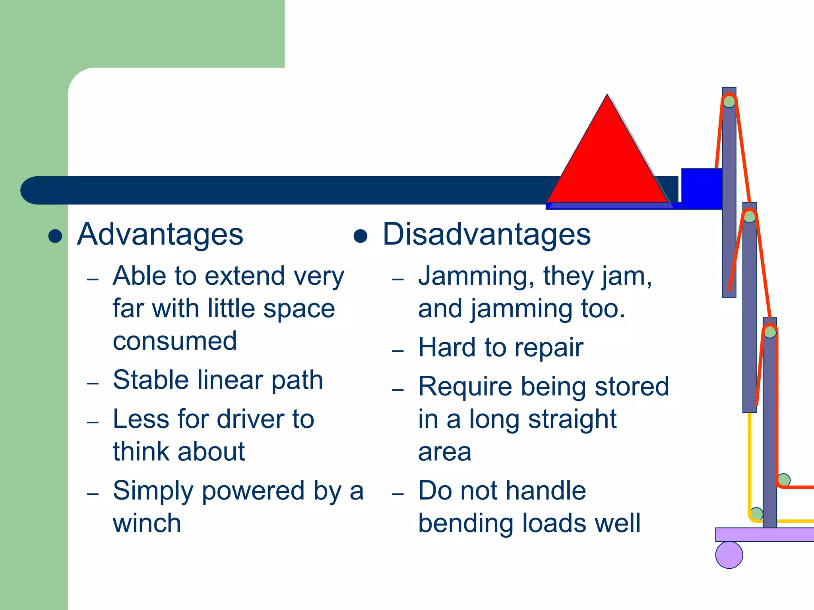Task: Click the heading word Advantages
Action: [160, 234]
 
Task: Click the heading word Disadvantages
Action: [486, 234]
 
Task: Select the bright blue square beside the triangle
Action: [702, 189]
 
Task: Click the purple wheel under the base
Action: [729, 555]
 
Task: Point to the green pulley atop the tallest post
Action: [729, 102]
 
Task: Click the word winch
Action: [147, 523]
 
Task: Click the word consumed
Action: [175, 341]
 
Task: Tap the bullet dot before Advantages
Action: [55, 236]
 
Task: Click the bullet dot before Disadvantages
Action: [360, 236]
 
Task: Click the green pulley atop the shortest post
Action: [770, 332]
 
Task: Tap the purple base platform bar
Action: [763, 535]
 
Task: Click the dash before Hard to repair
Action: [398, 351]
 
